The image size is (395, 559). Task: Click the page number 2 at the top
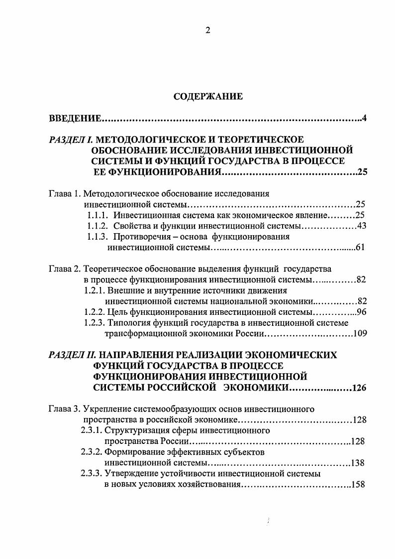[x=208, y=30]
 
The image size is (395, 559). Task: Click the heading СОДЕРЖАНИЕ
[x=208, y=96]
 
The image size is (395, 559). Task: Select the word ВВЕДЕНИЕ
[x=75, y=119]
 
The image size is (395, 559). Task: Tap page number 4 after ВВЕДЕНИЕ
[x=364, y=119]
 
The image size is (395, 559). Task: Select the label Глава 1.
[x=64, y=193]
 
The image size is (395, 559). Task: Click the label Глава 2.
[x=64, y=269]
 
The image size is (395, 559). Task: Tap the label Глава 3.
[x=64, y=409]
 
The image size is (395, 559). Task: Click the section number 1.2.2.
[x=95, y=312]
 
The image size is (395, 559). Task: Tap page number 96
[x=362, y=312]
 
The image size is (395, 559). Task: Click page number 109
[x=360, y=334]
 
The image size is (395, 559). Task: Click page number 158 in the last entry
[x=359, y=484]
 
